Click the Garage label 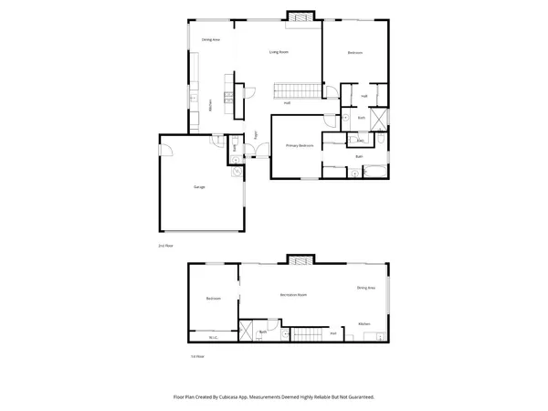(198, 186)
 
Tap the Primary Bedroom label (300, 145)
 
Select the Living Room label (279, 52)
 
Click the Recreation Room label (292, 295)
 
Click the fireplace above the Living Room (300, 16)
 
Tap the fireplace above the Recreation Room (300, 261)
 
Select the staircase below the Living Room (299, 90)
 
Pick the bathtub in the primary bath (373, 169)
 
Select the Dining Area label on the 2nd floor (210, 39)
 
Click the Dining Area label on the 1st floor (365, 289)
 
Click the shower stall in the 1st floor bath (246, 332)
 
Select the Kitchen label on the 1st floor (364, 323)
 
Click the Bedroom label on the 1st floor (214, 299)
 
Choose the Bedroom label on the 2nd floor (355, 53)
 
